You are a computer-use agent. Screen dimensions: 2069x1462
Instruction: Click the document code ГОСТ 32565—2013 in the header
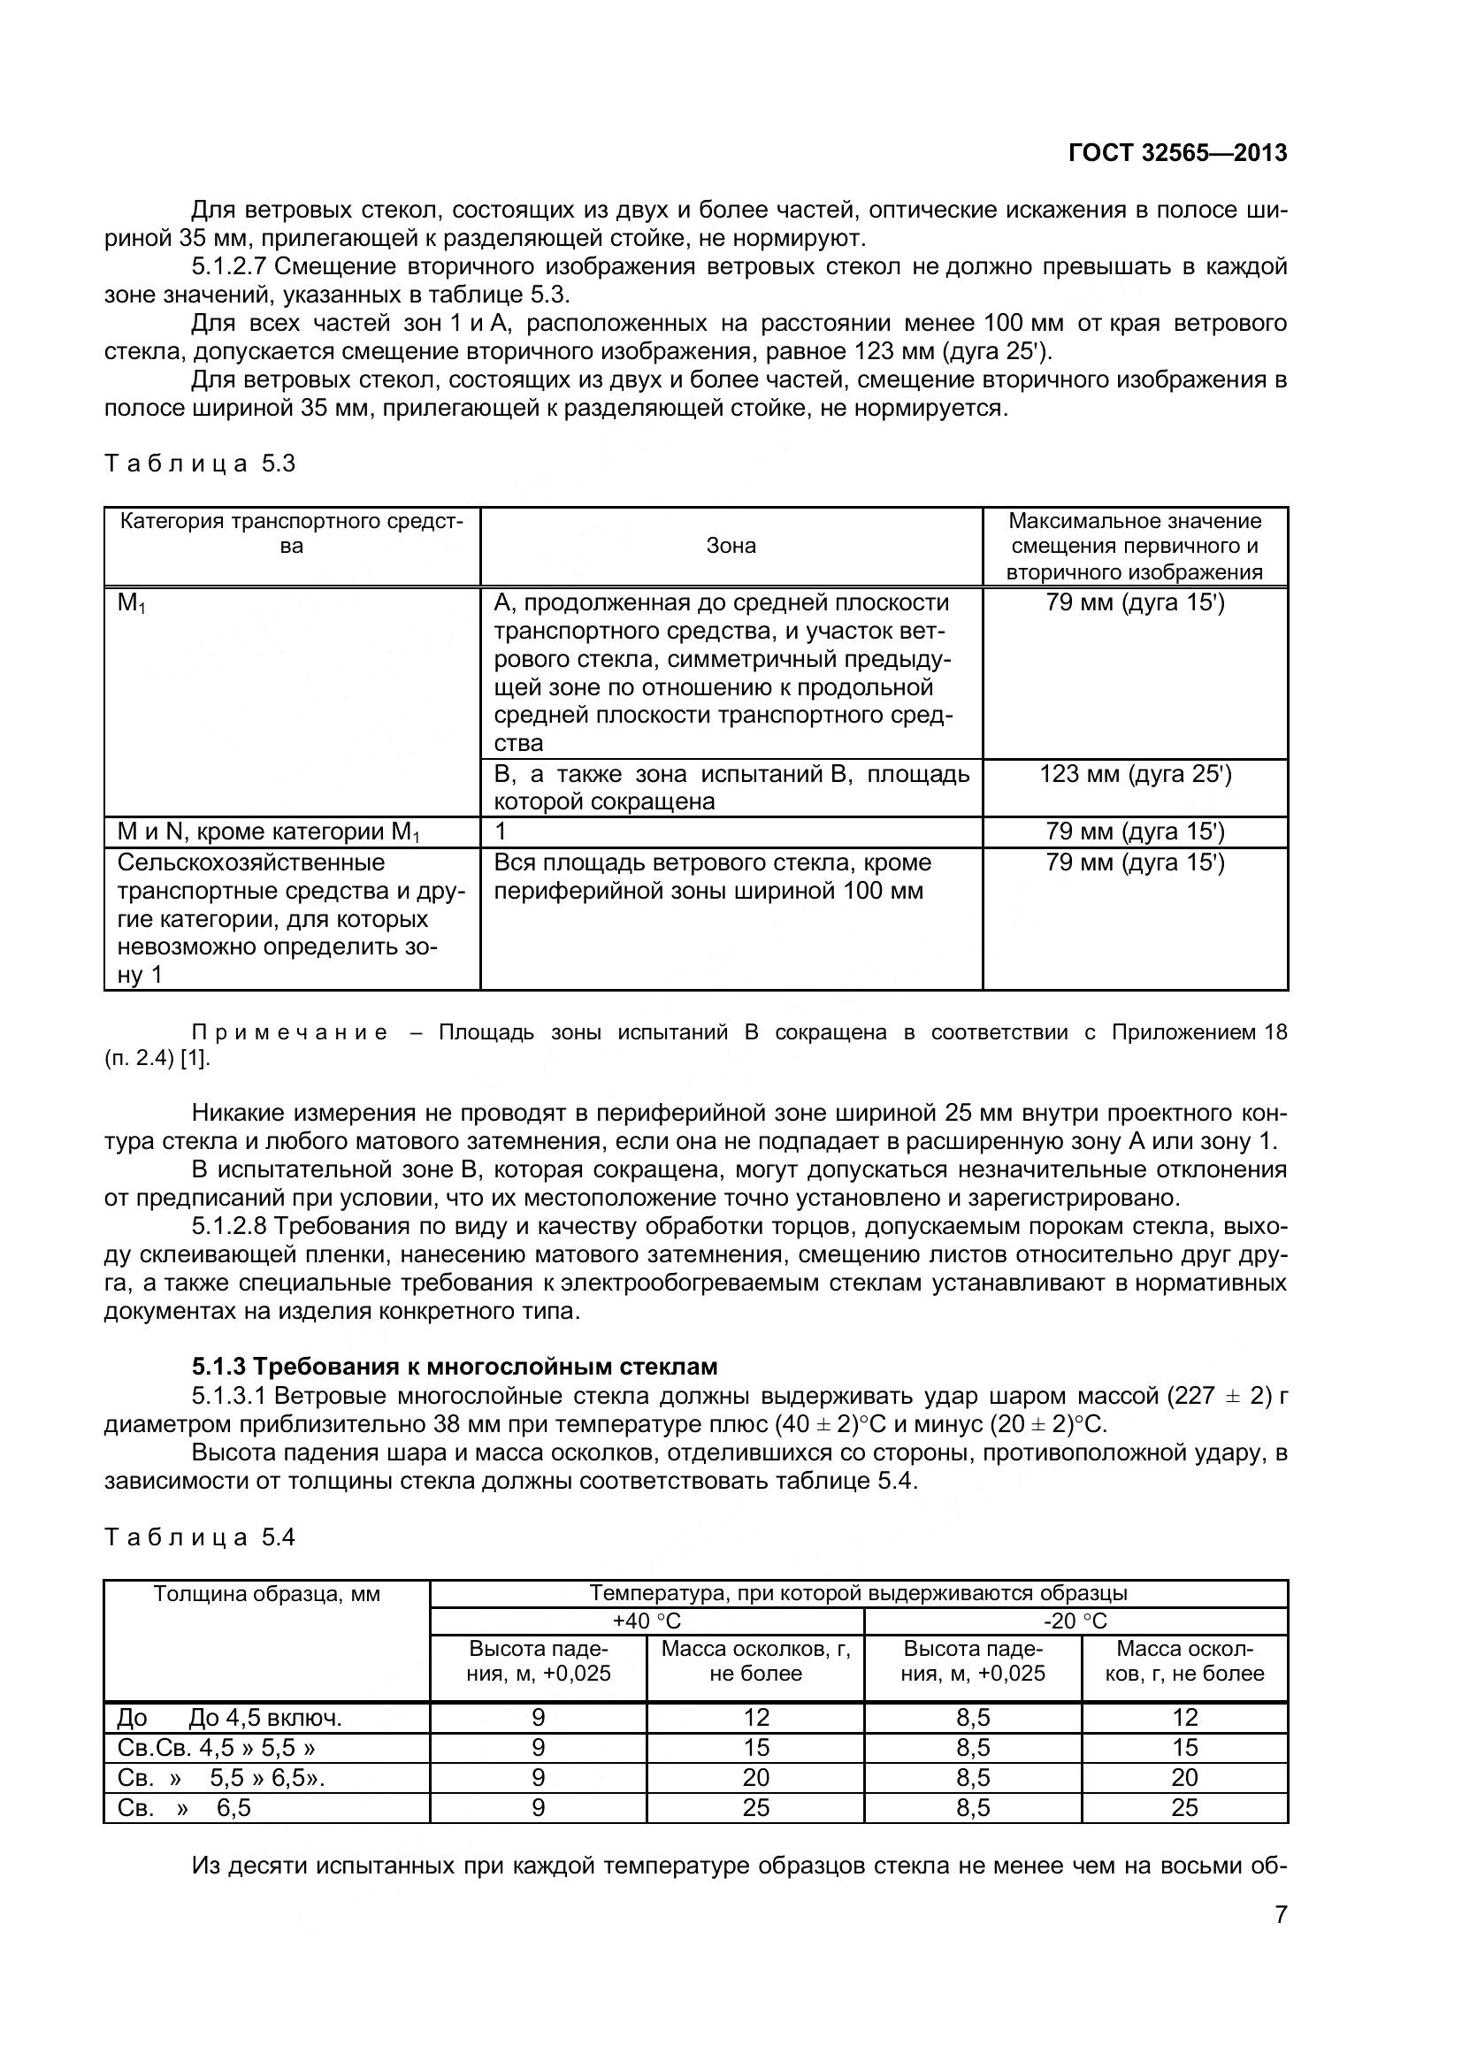pos(1176,153)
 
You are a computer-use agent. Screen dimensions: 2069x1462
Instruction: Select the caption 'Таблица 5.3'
pos(199,464)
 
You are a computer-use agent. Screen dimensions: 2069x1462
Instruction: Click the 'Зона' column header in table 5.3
pos(731,546)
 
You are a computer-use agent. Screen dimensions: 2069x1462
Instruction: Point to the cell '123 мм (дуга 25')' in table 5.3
pos(1135,774)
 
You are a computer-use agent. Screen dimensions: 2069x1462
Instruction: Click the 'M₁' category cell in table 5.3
pos(132,604)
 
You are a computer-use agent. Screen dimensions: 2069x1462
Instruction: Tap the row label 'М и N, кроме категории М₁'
pos(269,831)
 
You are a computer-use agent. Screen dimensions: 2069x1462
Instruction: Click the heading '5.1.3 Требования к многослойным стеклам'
pos(454,1367)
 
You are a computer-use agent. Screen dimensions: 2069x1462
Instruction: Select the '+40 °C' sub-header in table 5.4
pos(646,1621)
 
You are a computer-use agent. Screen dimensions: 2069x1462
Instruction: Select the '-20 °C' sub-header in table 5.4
pos(1075,1621)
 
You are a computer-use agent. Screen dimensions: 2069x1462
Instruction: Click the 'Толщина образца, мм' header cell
pos(266,1594)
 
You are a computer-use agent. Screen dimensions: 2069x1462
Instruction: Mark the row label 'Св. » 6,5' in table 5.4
pos(184,1809)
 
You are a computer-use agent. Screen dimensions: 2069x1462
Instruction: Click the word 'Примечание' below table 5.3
pos(290,1032)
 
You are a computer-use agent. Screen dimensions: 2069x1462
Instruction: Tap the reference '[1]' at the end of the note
pos(194,1060)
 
